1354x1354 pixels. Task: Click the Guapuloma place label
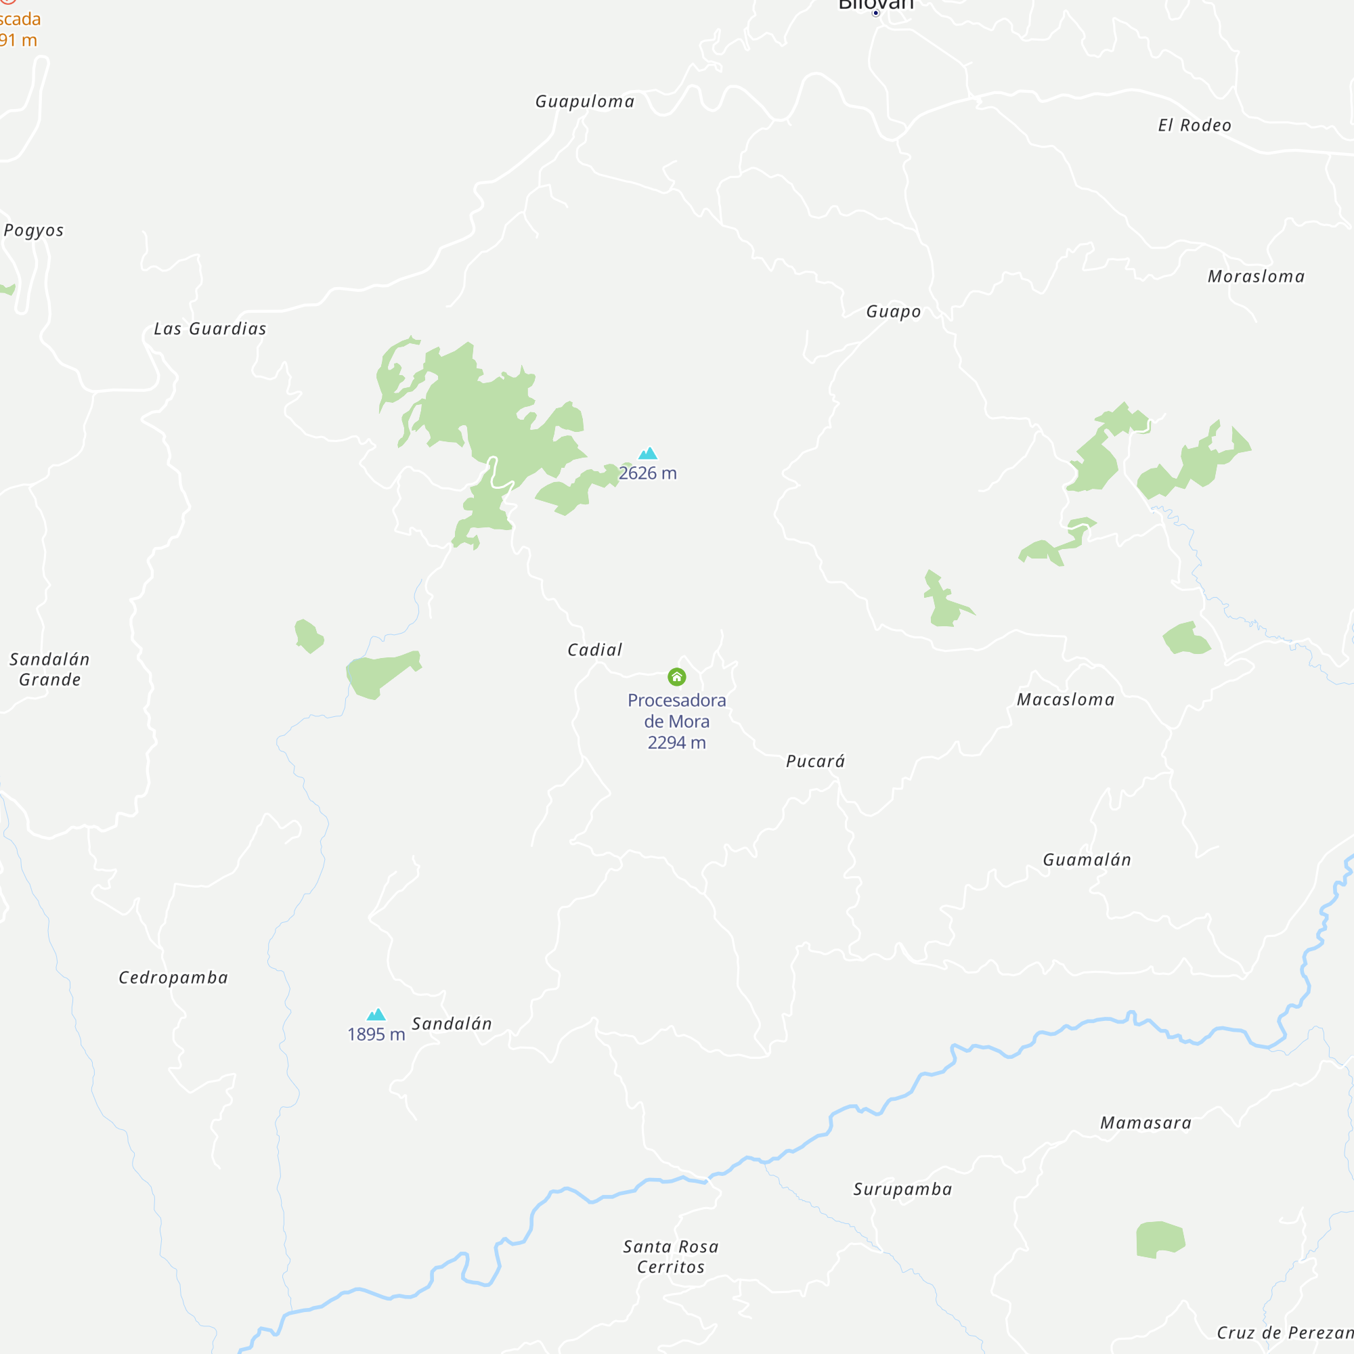584,102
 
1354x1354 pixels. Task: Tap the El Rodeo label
1194,125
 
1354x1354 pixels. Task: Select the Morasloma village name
1256,277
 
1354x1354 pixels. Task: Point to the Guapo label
894,312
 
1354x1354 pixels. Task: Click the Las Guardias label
211,329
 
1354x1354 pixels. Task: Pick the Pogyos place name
34,231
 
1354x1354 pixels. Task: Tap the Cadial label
594,650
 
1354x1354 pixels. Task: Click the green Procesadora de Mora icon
676,676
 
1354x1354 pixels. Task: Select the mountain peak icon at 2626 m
649,454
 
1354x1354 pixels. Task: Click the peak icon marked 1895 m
376,1014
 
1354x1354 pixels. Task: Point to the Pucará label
815,761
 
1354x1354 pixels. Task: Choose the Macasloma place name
1065,699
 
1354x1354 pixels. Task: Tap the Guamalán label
1087,860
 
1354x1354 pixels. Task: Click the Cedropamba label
173,978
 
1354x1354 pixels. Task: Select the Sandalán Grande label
49,670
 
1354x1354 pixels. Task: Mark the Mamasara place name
1146,1122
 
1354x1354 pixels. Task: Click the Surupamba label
902,1189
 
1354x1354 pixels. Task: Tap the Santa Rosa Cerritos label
671,1257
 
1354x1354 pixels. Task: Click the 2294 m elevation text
676,742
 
